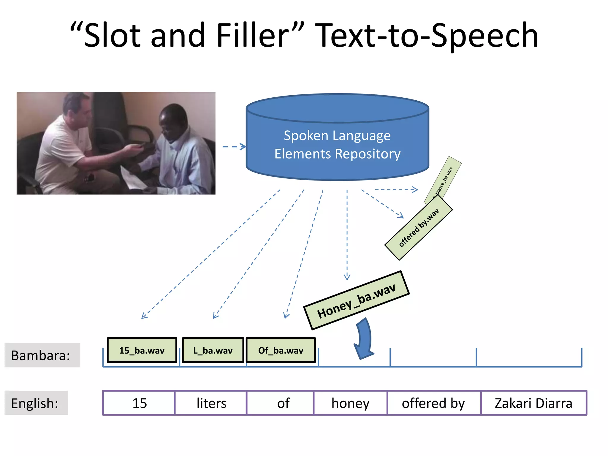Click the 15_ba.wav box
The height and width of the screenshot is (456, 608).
[x=142, y=350]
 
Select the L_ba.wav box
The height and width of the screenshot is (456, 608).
[x=213, y=350]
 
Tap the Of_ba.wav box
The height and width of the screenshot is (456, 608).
[x=281, y=350]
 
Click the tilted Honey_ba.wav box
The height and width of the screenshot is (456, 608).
[x=356, y=300]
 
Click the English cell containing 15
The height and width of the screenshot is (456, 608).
[x=139, y=403]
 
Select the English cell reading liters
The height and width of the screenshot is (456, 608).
[x=211, y=403]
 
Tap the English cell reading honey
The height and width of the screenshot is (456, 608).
[x=350, y=403]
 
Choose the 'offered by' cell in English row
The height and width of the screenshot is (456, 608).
[x=433, y=403]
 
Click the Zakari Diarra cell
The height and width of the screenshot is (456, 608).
[x=533, y=403]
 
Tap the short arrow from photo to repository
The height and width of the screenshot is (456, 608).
[x=234, y=147]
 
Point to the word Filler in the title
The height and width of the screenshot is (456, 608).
[x=252, y=36]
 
